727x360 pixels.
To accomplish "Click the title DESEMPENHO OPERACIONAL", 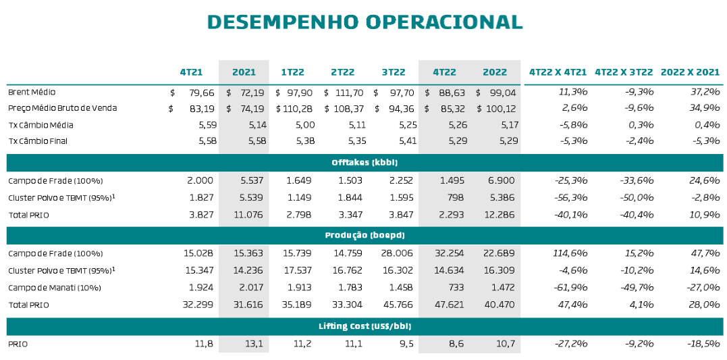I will click(365, 22).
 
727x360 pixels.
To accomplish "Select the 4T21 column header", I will click(191, 72).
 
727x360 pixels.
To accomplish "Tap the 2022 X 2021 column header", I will click(690, 72).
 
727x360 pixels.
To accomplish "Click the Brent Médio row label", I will click(32, 92).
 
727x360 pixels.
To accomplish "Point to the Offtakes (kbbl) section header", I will click(365, 163).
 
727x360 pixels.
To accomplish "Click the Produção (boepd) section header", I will click(365, 235).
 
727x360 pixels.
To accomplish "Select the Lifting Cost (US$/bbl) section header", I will click(365, 326).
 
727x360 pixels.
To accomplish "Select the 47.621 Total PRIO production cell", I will click(448, 305).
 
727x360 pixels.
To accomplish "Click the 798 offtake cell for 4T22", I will click(454, 198).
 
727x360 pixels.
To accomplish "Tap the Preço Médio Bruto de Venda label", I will click(62, 108).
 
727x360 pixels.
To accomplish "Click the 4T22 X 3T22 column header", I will click(624, 72).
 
